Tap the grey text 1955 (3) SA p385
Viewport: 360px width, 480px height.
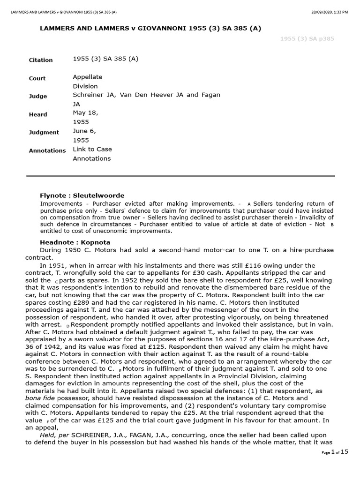[307, 39]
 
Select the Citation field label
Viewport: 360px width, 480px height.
[41, 60]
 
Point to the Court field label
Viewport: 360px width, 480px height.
[38, 79]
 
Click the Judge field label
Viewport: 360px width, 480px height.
[38, 96]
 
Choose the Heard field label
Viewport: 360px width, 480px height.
[38, 114]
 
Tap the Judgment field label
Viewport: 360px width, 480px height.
[44, 132]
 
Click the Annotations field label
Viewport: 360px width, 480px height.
[47, 150]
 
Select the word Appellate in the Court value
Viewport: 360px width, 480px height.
[88, 77]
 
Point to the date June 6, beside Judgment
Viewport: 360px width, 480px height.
[84, 131]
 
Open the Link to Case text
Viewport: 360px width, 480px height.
[92, 149]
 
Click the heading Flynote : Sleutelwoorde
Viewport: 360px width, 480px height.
[82, 195]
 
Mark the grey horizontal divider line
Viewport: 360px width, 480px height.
[180, 176]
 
